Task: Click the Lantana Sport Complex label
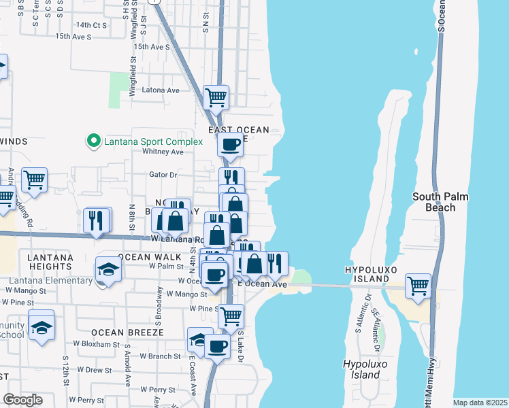pos(153,141)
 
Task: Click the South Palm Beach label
pos(440,202)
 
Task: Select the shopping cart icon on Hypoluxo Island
pos(418,285)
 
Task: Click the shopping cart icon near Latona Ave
pos(216,97)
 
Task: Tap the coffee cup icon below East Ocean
pos(230,144)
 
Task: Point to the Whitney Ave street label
pos(163,152)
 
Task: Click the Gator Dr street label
pos(163,175)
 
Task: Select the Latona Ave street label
pos(160,90)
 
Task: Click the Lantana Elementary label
pos(51,281)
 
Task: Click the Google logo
pos(22,400)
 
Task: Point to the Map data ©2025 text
pos(480,403)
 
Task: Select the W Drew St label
pos(94,370)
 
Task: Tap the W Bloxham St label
pos(96,345)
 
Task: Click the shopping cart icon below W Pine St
pos(231,316)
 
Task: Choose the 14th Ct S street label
pos(92,25)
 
